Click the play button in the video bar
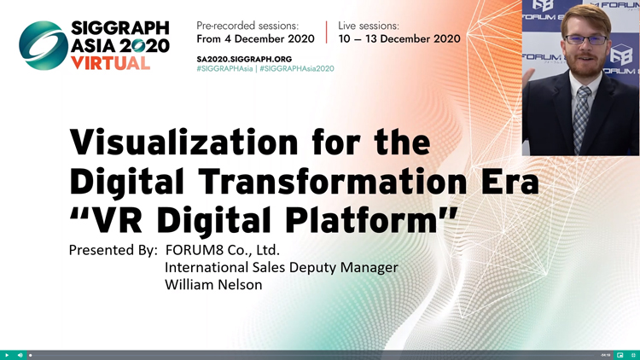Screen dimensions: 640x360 [7, 356]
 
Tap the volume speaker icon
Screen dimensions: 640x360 [20, 356]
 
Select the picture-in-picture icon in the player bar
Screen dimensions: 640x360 [620, 356]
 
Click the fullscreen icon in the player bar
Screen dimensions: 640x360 [633, 356]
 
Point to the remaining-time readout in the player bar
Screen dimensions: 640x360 [606, 356]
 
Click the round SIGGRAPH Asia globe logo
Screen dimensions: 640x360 [44, 45]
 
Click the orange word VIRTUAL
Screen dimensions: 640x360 [111, 63]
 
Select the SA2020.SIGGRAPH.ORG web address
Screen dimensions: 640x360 [244, 59]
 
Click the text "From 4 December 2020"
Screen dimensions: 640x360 [255, 38]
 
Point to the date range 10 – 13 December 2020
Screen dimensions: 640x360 [399, 38]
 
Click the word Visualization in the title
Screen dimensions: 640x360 [184, 142]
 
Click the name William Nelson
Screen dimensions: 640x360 [213, 284]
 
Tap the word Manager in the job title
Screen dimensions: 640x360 [369, 267]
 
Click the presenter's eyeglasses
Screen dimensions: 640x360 [586, 39]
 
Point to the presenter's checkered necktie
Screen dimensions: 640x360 [582, 119]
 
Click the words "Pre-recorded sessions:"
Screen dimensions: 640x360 [247, 26]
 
